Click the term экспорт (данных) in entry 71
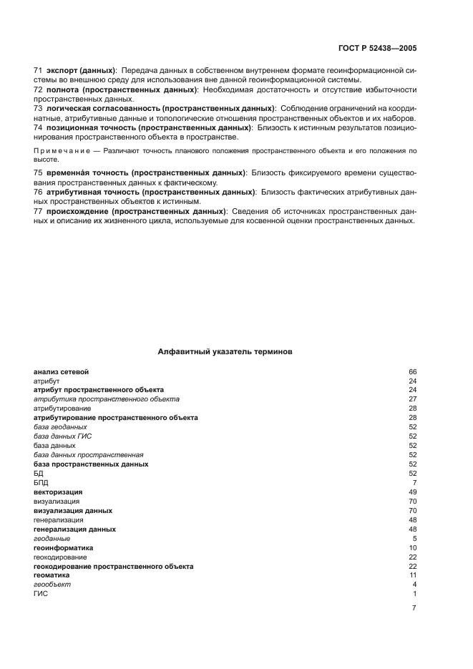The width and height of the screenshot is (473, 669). [81, 70]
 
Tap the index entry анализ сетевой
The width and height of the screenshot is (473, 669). [61, 372]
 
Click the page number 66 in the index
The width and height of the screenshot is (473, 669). [412, 372]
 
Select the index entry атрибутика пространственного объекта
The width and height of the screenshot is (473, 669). [106, 399]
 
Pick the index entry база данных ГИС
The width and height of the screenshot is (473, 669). [62, 436]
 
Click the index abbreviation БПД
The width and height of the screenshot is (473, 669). [41, 482]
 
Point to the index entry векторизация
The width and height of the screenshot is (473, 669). [58, 492]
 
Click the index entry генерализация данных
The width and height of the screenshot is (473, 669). [74, 529]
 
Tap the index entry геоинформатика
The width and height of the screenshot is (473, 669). [63, 547]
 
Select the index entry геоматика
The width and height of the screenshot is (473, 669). [52, 575]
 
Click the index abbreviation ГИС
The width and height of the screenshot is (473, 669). [40, 594]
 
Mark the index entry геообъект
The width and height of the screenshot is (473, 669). [52, 585]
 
